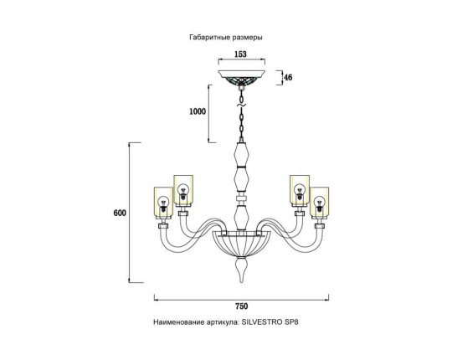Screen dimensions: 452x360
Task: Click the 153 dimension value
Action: click(240, 54)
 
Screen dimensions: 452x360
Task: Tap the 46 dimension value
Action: click(288, 77)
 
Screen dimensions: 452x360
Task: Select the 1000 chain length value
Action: click(198, 111)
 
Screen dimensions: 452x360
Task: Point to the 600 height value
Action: click(120, 213)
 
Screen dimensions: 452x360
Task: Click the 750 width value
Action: click(242, 306)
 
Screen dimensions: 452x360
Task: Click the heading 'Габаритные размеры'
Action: click(226, 38)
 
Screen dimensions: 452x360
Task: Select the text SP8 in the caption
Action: click(291, 322)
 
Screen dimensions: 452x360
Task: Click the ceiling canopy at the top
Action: click(242, 77)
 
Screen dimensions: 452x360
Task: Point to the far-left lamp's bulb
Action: click(163, 203)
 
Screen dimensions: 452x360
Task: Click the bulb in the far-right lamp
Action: click(319, 203)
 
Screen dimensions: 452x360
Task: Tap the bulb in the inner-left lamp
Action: click(182, 192)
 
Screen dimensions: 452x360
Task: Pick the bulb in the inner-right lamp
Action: click(300, 192)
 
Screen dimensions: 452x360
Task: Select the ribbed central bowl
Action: click(241, 244)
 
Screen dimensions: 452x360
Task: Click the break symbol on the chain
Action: click(241, 105)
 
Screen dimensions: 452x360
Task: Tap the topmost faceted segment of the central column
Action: click(241, 155)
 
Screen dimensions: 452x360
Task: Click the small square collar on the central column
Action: click(241, 198)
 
